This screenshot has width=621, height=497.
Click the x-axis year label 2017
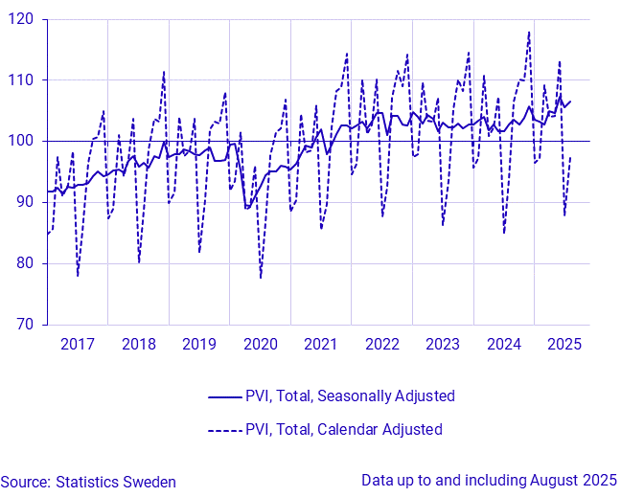[78, 344]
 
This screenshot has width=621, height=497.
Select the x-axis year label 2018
[138, 344]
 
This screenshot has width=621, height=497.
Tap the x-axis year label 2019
[199, 344]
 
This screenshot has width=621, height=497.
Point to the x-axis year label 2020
[260, 344]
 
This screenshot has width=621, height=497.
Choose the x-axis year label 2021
[321, 344]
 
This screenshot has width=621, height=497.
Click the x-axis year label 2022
[381, 344]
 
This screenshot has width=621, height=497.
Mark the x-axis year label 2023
[443, 344]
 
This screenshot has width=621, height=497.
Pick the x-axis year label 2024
[503, 344]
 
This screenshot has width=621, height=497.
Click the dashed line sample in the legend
[223, 430]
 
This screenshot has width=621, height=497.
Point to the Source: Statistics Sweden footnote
[88, 483]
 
